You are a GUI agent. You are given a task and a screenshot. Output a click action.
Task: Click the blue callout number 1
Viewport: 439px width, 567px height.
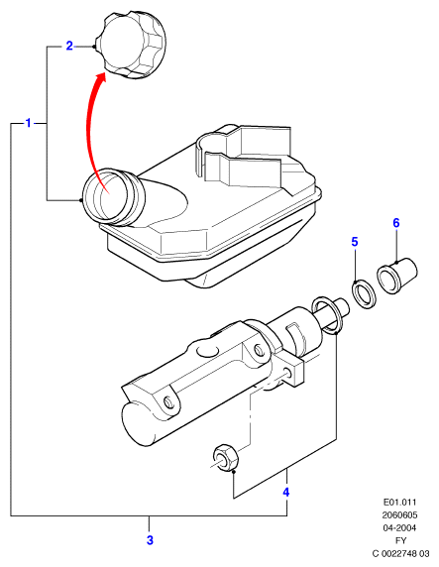[x=28, y=123]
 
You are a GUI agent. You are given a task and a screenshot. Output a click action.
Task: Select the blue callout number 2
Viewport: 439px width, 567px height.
[x=69, y=46]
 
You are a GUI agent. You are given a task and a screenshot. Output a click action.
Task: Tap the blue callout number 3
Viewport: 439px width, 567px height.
[x=150, y=540]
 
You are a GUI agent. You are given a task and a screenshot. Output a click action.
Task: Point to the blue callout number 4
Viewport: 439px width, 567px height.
[x=286, y=492]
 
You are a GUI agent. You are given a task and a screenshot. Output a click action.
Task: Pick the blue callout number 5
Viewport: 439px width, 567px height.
[x=355, y=242]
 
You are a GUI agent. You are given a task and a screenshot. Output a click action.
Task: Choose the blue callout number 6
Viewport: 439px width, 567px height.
[x=396, y=223]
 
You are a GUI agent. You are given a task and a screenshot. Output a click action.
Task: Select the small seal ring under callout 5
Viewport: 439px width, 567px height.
[x=364, y=294]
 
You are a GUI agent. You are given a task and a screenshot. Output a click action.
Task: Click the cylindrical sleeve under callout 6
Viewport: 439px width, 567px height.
[x=397, y=276]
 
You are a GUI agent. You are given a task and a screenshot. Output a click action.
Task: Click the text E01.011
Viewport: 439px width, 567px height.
[x=399, y=502]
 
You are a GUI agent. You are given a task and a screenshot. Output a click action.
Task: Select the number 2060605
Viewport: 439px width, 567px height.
[x=399, y=514]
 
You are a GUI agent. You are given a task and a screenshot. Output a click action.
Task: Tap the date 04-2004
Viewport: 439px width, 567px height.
[x=399, y=527]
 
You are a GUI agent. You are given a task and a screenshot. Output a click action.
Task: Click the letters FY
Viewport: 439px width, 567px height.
[x=400, y=540]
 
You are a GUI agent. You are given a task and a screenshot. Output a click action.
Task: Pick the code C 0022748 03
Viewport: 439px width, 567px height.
[x=400, y=553]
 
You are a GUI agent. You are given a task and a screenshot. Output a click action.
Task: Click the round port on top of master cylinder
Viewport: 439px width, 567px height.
[x=208, y=351]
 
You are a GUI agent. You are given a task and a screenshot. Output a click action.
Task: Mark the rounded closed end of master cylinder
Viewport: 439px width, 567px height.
[x=136, y=421]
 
